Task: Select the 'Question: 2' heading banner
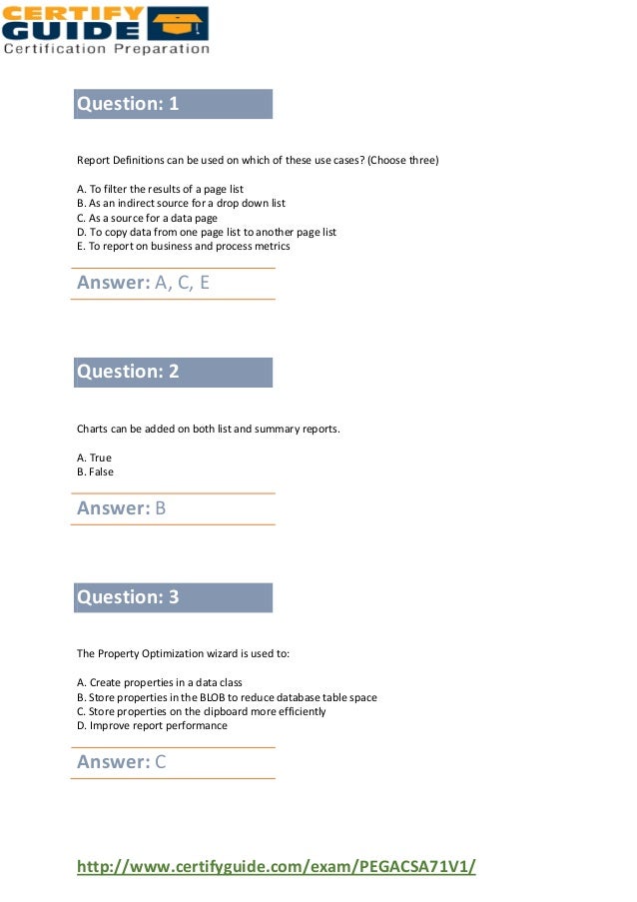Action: (x=172, y=373)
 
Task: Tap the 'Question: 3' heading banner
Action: (x=172, y=597)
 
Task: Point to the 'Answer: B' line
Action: (x=122, y=508)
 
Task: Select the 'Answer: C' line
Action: (x=122, y=763)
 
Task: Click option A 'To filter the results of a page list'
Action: (x=160, y=189)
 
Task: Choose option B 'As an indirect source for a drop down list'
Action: (x=181, y=203)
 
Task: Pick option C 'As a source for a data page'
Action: (x=147, y=217)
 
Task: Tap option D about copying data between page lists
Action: (x=207, y=232)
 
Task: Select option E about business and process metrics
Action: (x=184, y=246)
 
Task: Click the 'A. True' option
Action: (x=95, y=457)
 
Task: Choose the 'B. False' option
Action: (x=96, y=471)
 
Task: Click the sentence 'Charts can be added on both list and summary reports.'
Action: (x=209, y=430)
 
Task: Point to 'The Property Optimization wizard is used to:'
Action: (x=184, y=654)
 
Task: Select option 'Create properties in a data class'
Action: (x=160, y=683)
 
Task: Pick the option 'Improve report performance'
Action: (x=152, y=725)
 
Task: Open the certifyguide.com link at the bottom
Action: (x=277, y=866)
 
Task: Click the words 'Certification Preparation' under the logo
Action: (x=107, y=47)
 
